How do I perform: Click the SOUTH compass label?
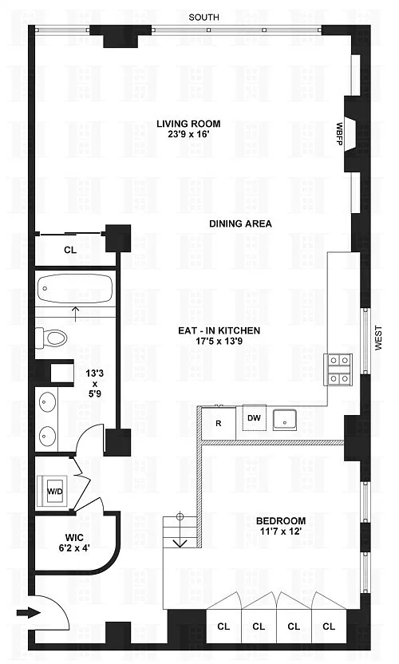pos(203,18)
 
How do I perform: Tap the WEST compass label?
pos(378,338)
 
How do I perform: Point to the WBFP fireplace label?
pos(339,134)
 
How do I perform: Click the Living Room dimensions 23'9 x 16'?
pos(188,134)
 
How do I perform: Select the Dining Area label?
pos(240,223)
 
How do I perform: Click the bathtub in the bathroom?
pos(74,288)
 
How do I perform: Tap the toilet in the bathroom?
pos(51,338)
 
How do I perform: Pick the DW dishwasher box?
pos(254,417)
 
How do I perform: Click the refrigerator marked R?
pos(219,424)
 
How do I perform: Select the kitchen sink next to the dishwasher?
pos(285,420)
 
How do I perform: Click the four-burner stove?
pos(338,370)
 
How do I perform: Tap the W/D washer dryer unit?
pos(54,492)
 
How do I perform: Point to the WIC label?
pos(74,538)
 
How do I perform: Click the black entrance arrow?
pos(29,613)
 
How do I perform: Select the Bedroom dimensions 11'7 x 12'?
pos(281,531)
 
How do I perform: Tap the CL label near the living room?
pos(70,250)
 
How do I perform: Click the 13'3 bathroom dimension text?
pos(94,373)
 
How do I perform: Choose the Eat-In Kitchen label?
pos(219,330)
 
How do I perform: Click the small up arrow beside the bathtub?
pos(76,314)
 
